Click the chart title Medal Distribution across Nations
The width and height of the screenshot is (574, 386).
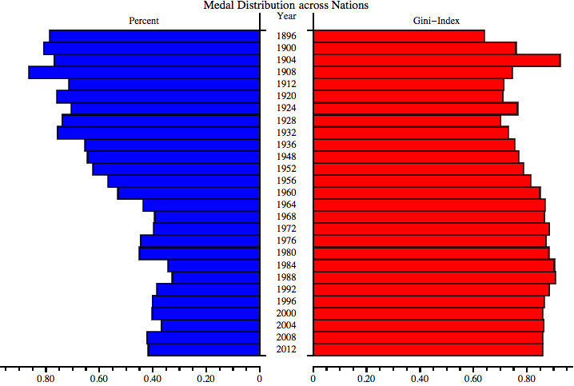point(286,6)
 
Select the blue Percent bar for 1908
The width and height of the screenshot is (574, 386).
point(144,72)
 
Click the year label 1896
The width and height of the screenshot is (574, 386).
point(286,36)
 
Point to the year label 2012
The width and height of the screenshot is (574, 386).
point(286,349)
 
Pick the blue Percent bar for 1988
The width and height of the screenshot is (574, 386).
point(216,277)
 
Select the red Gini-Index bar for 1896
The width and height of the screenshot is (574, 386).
point(399,36)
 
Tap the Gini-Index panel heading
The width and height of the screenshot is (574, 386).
point(443,20)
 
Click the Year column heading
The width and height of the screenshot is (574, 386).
point(286,16)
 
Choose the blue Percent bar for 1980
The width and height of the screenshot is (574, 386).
point(199,253)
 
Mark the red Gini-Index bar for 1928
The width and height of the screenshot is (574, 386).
point(407,121)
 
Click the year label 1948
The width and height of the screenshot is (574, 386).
point(286,157)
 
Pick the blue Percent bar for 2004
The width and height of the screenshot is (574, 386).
point(210,325)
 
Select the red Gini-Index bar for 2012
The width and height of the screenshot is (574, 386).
point(428,349)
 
